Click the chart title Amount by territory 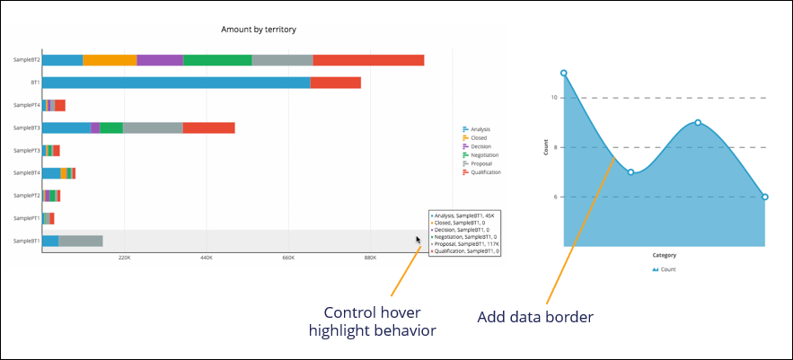point(259,30)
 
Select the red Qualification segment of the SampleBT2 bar point(368,60)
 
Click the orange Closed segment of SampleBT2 point(110,60)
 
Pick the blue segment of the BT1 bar point(176,83)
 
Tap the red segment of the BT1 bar point(335,83)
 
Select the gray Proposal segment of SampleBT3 point(153,127)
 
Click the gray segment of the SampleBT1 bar point(81,241)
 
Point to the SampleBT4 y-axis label point(26,172)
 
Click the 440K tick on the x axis point(206,259)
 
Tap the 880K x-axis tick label point(370,259)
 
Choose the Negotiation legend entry point(485,154)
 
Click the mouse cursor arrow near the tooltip point(418,240)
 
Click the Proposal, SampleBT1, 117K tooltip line point(464,242)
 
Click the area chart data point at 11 point(564,73)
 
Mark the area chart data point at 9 point(698,122)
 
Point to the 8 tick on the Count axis point(555,147)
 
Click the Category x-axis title point(665,255)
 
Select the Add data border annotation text point(534,316)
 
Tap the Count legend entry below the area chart point(665,269)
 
